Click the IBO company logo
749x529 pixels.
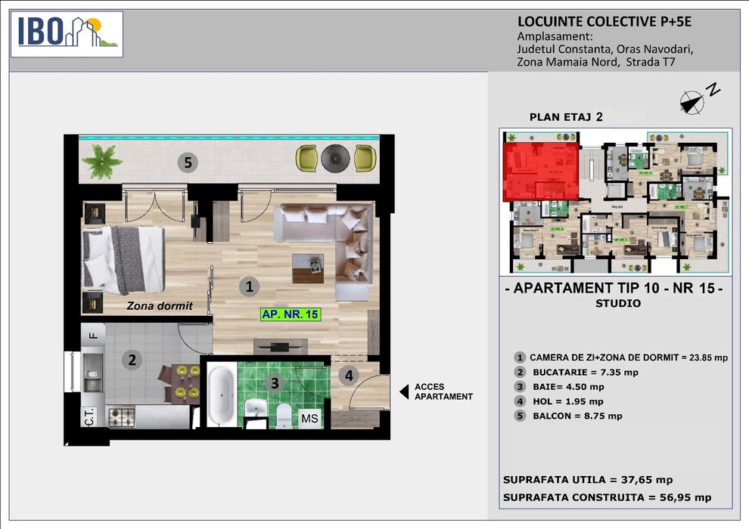(68, 34)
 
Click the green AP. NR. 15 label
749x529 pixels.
(290, 315)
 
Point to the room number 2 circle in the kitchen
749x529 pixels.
(132, 360)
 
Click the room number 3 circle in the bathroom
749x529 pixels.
(275, 383)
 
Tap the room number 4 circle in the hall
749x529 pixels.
(348, 374)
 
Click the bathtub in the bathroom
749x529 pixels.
(220, 394)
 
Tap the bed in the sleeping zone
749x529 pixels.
(123, 261)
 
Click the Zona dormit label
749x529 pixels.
(160, 306)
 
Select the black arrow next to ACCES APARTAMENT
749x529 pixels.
(403, 391)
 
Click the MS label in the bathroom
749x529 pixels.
(309, 418)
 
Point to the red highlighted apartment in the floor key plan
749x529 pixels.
(540, 172)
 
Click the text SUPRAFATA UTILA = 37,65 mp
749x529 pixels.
(587, 480)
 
